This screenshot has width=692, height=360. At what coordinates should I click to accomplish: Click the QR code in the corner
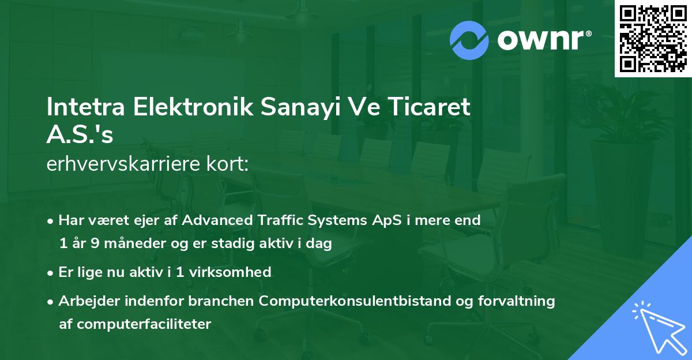[652, 39]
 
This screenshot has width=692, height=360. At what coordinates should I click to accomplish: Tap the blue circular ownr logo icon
[469, 40]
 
